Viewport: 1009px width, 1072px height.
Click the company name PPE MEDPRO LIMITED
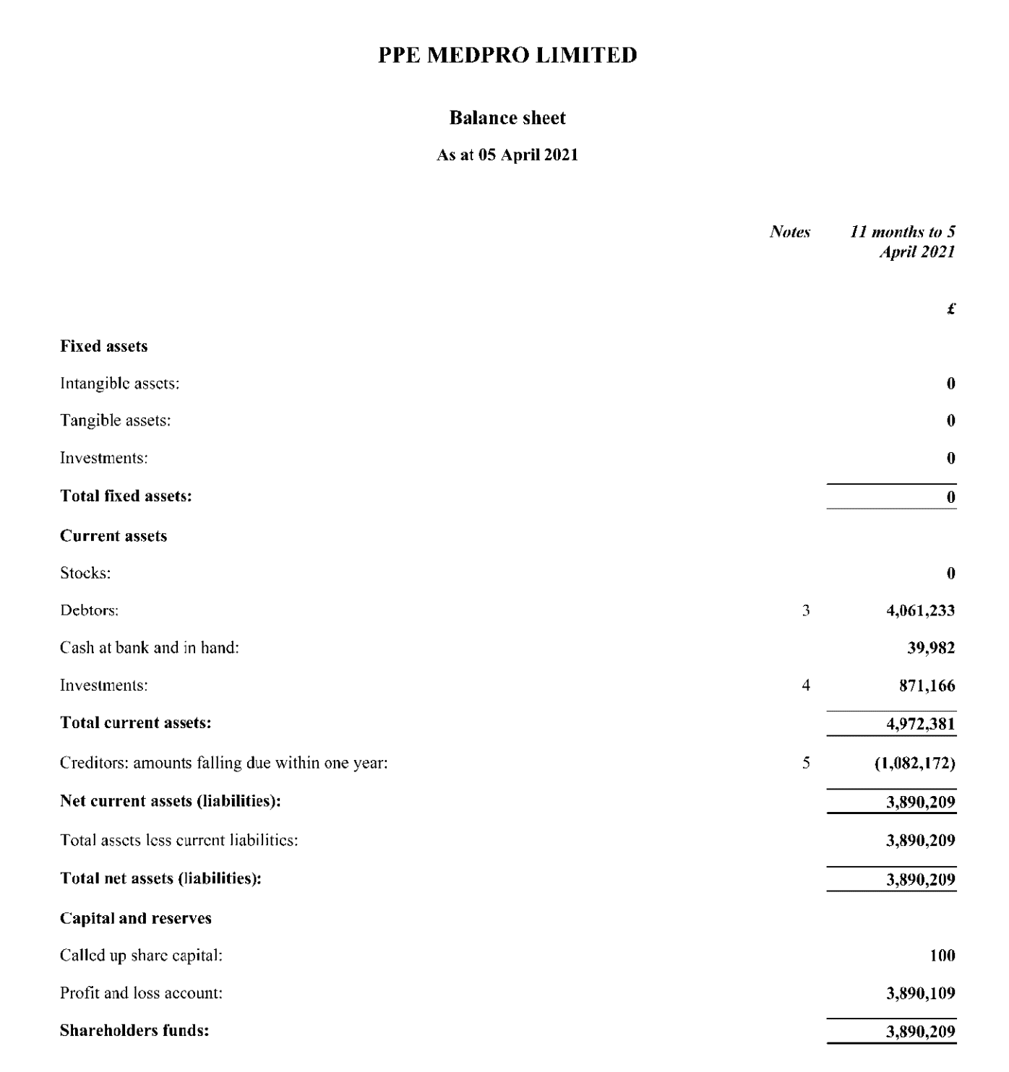(507, 56)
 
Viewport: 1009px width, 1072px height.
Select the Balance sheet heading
(507, 118)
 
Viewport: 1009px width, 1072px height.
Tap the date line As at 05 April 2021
(507, 155)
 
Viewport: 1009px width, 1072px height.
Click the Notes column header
(789, 232)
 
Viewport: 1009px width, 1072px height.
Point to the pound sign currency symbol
(950, 309)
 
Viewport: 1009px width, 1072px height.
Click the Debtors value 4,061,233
(920, 610)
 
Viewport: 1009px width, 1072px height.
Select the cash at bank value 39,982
(931, 648)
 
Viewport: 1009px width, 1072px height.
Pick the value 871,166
(927, 686)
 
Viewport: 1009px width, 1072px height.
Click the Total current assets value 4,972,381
(920, 724)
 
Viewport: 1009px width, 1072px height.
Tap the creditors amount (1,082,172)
(914, 763)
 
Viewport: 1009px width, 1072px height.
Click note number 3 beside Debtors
(806, 610)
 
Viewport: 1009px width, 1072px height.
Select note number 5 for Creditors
(806, 763)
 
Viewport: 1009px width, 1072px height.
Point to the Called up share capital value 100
(942, 956)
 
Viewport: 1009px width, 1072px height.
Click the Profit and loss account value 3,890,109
(920, 993)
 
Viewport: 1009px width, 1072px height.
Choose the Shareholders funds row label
(134, 1031)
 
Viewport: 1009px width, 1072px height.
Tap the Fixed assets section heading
(103, 347)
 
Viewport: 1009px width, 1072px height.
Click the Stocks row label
(85, 574)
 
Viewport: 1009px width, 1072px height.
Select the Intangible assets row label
(119, 384)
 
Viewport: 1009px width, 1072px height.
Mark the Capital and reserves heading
(135, 919)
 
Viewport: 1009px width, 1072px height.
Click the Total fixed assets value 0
(950, 497)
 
